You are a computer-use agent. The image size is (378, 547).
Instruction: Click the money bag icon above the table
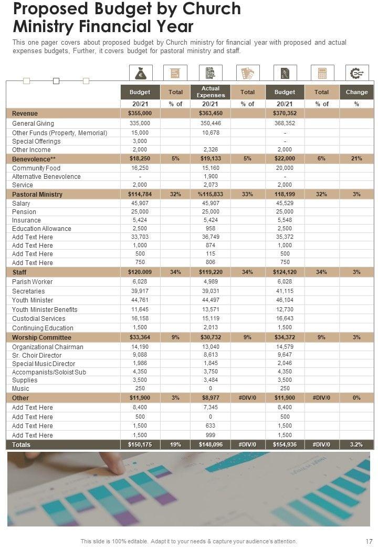[140, 73]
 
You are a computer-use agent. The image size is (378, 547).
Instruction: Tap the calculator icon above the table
[321, 73]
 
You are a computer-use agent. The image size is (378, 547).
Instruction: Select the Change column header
[356, 92]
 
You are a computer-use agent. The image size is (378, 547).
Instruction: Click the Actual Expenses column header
[211, 92]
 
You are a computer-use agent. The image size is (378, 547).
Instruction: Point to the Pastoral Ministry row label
[37, 194]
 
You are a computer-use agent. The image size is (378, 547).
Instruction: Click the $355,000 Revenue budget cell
[140, 114]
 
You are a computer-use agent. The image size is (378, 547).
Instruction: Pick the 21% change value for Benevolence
[356, 158]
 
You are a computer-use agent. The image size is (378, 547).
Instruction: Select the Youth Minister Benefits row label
[45, 309]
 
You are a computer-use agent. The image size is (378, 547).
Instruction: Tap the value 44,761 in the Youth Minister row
[140, 300]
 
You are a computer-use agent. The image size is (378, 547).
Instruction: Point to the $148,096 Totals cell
[211, 445]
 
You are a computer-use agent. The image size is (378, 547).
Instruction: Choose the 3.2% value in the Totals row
[356, 445]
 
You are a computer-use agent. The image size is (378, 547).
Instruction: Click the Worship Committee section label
[41, 338]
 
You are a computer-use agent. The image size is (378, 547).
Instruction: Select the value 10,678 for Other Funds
[211, 133]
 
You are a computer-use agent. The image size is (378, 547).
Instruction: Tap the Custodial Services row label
[38, 319]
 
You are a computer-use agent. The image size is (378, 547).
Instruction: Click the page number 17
[369, 541]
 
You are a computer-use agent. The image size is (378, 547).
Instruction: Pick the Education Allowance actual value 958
[211, 229]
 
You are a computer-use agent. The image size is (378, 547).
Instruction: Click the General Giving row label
[33, 124]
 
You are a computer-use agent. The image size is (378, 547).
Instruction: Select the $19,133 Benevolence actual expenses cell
[211, 158]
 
